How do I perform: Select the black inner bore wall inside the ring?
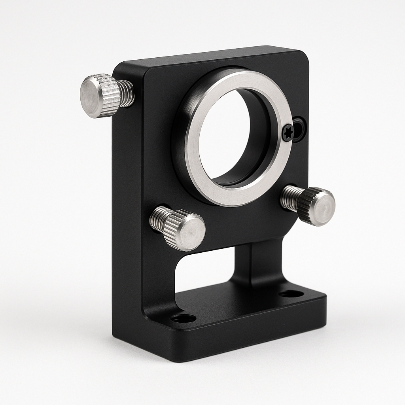click(x=259, y=142)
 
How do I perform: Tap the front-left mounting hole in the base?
click(x=183, y=318)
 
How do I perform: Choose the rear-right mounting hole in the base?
click(x=291, y=294)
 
